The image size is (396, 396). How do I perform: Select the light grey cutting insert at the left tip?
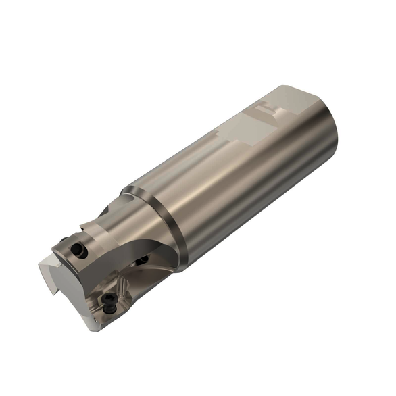point(51,270)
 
